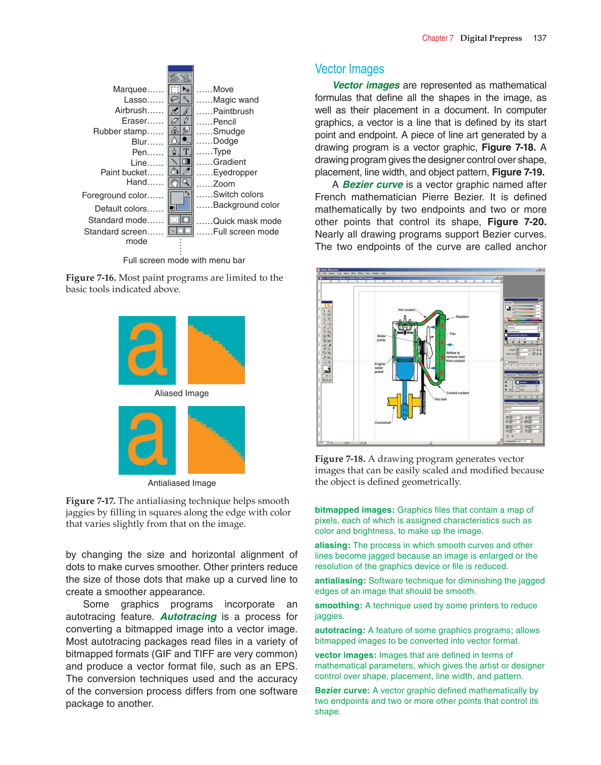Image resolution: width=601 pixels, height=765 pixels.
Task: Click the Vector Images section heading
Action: coord(349,69)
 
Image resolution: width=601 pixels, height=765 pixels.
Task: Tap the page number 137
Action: coord(540,38)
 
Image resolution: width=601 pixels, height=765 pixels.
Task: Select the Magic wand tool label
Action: coord(235,100)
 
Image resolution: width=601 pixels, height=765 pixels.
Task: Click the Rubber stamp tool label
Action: coord(120,131)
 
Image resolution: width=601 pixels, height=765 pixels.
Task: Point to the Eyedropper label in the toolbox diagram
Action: coord(235,172)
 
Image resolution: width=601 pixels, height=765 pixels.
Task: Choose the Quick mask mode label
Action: coord(247,221)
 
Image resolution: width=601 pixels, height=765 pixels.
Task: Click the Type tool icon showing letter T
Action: coord(186,152)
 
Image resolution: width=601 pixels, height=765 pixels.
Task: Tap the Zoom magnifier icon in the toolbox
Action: coord(186,183)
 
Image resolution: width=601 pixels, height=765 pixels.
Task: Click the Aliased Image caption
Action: coord(181,393)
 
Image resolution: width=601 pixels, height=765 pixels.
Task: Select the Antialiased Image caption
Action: coord(182,483)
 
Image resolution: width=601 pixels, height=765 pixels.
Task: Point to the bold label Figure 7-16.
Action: coord(91,278)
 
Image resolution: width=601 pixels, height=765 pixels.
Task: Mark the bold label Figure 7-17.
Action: coord(90,501)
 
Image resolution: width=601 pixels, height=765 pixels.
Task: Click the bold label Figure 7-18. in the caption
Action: coord(340,459)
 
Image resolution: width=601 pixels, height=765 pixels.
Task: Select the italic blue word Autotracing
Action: coord(188,617)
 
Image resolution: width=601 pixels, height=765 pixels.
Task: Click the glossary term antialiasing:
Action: coord(340,581)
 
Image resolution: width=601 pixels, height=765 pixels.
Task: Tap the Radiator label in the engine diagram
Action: coord(462,317)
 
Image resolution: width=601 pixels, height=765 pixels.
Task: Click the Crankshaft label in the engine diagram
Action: coord(382,423)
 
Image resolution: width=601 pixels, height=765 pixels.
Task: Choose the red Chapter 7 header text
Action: coord(437,38)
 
